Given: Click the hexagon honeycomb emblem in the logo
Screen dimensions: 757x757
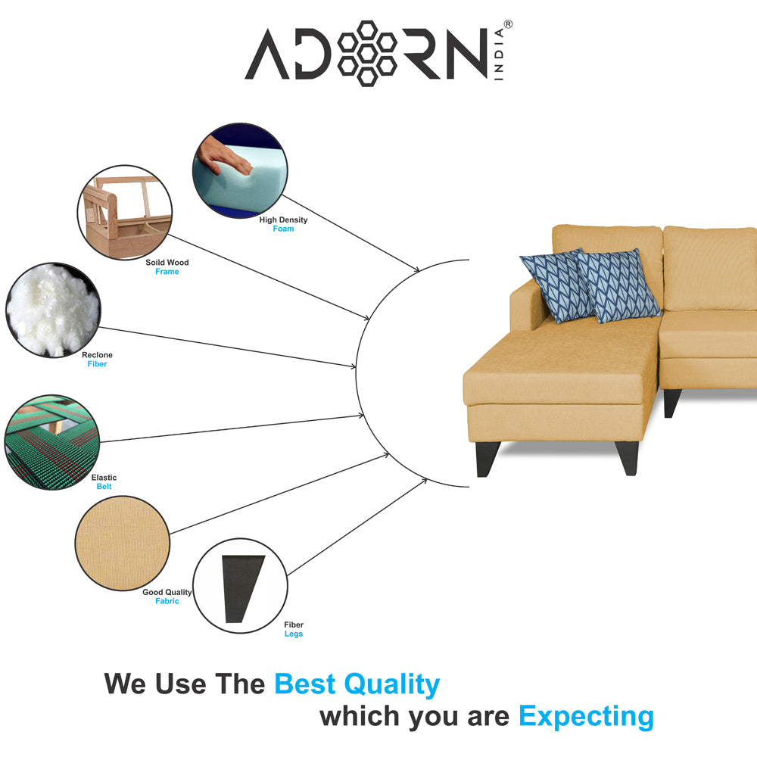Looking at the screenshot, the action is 367,54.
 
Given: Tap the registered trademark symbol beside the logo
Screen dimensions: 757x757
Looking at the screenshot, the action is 508,24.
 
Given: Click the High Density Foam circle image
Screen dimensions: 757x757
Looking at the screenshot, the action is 240,170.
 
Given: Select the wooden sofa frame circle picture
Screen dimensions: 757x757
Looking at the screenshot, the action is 125,213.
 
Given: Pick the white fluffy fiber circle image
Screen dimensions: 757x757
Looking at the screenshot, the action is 53,310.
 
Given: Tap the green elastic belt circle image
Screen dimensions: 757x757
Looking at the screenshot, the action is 52,442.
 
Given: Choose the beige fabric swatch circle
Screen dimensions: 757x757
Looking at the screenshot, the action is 123,543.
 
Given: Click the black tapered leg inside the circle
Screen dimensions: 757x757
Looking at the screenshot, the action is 242,588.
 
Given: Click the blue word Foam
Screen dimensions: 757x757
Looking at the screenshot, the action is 283,229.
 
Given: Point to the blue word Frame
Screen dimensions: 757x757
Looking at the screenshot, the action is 167,272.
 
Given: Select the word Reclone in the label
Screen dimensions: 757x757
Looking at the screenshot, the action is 97,355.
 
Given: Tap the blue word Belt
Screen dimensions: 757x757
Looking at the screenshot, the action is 104,487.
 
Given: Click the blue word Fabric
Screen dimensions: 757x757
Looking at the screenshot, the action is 167,601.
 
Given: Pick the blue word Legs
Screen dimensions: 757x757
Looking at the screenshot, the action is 294,634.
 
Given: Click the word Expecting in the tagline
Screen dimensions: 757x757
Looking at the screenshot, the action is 586,717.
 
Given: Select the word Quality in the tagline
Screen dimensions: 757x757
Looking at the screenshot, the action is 391,685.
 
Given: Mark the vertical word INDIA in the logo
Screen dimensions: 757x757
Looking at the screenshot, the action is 499,54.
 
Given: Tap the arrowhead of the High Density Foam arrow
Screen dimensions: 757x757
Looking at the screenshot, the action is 416,269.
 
